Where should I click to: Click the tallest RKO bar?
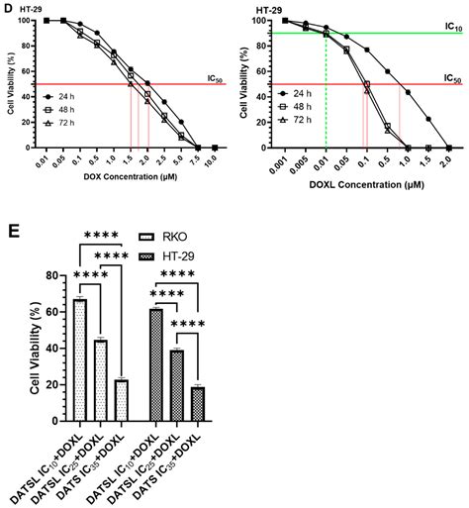coord(80,353)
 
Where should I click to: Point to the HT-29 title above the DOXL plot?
coord(268,9)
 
